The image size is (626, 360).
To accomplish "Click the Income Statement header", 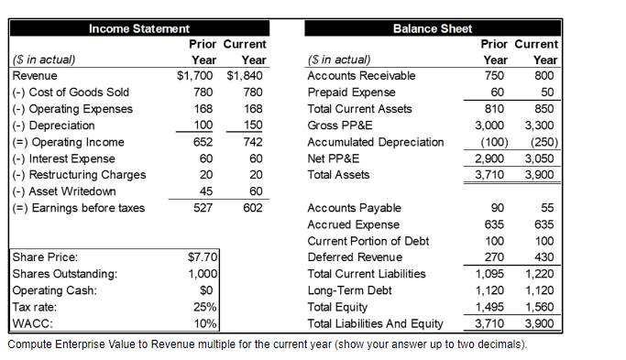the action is click(139, 29).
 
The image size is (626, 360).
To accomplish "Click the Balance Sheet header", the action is click(433, 29).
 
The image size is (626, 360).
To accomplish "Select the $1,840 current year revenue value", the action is click(245, 76).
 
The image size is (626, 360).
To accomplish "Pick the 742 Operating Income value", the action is click(252, 142).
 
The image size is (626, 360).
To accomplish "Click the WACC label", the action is click(30, 322).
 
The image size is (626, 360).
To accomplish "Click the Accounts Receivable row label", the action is click(361, 76).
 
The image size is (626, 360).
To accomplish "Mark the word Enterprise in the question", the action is click(82, 344).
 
